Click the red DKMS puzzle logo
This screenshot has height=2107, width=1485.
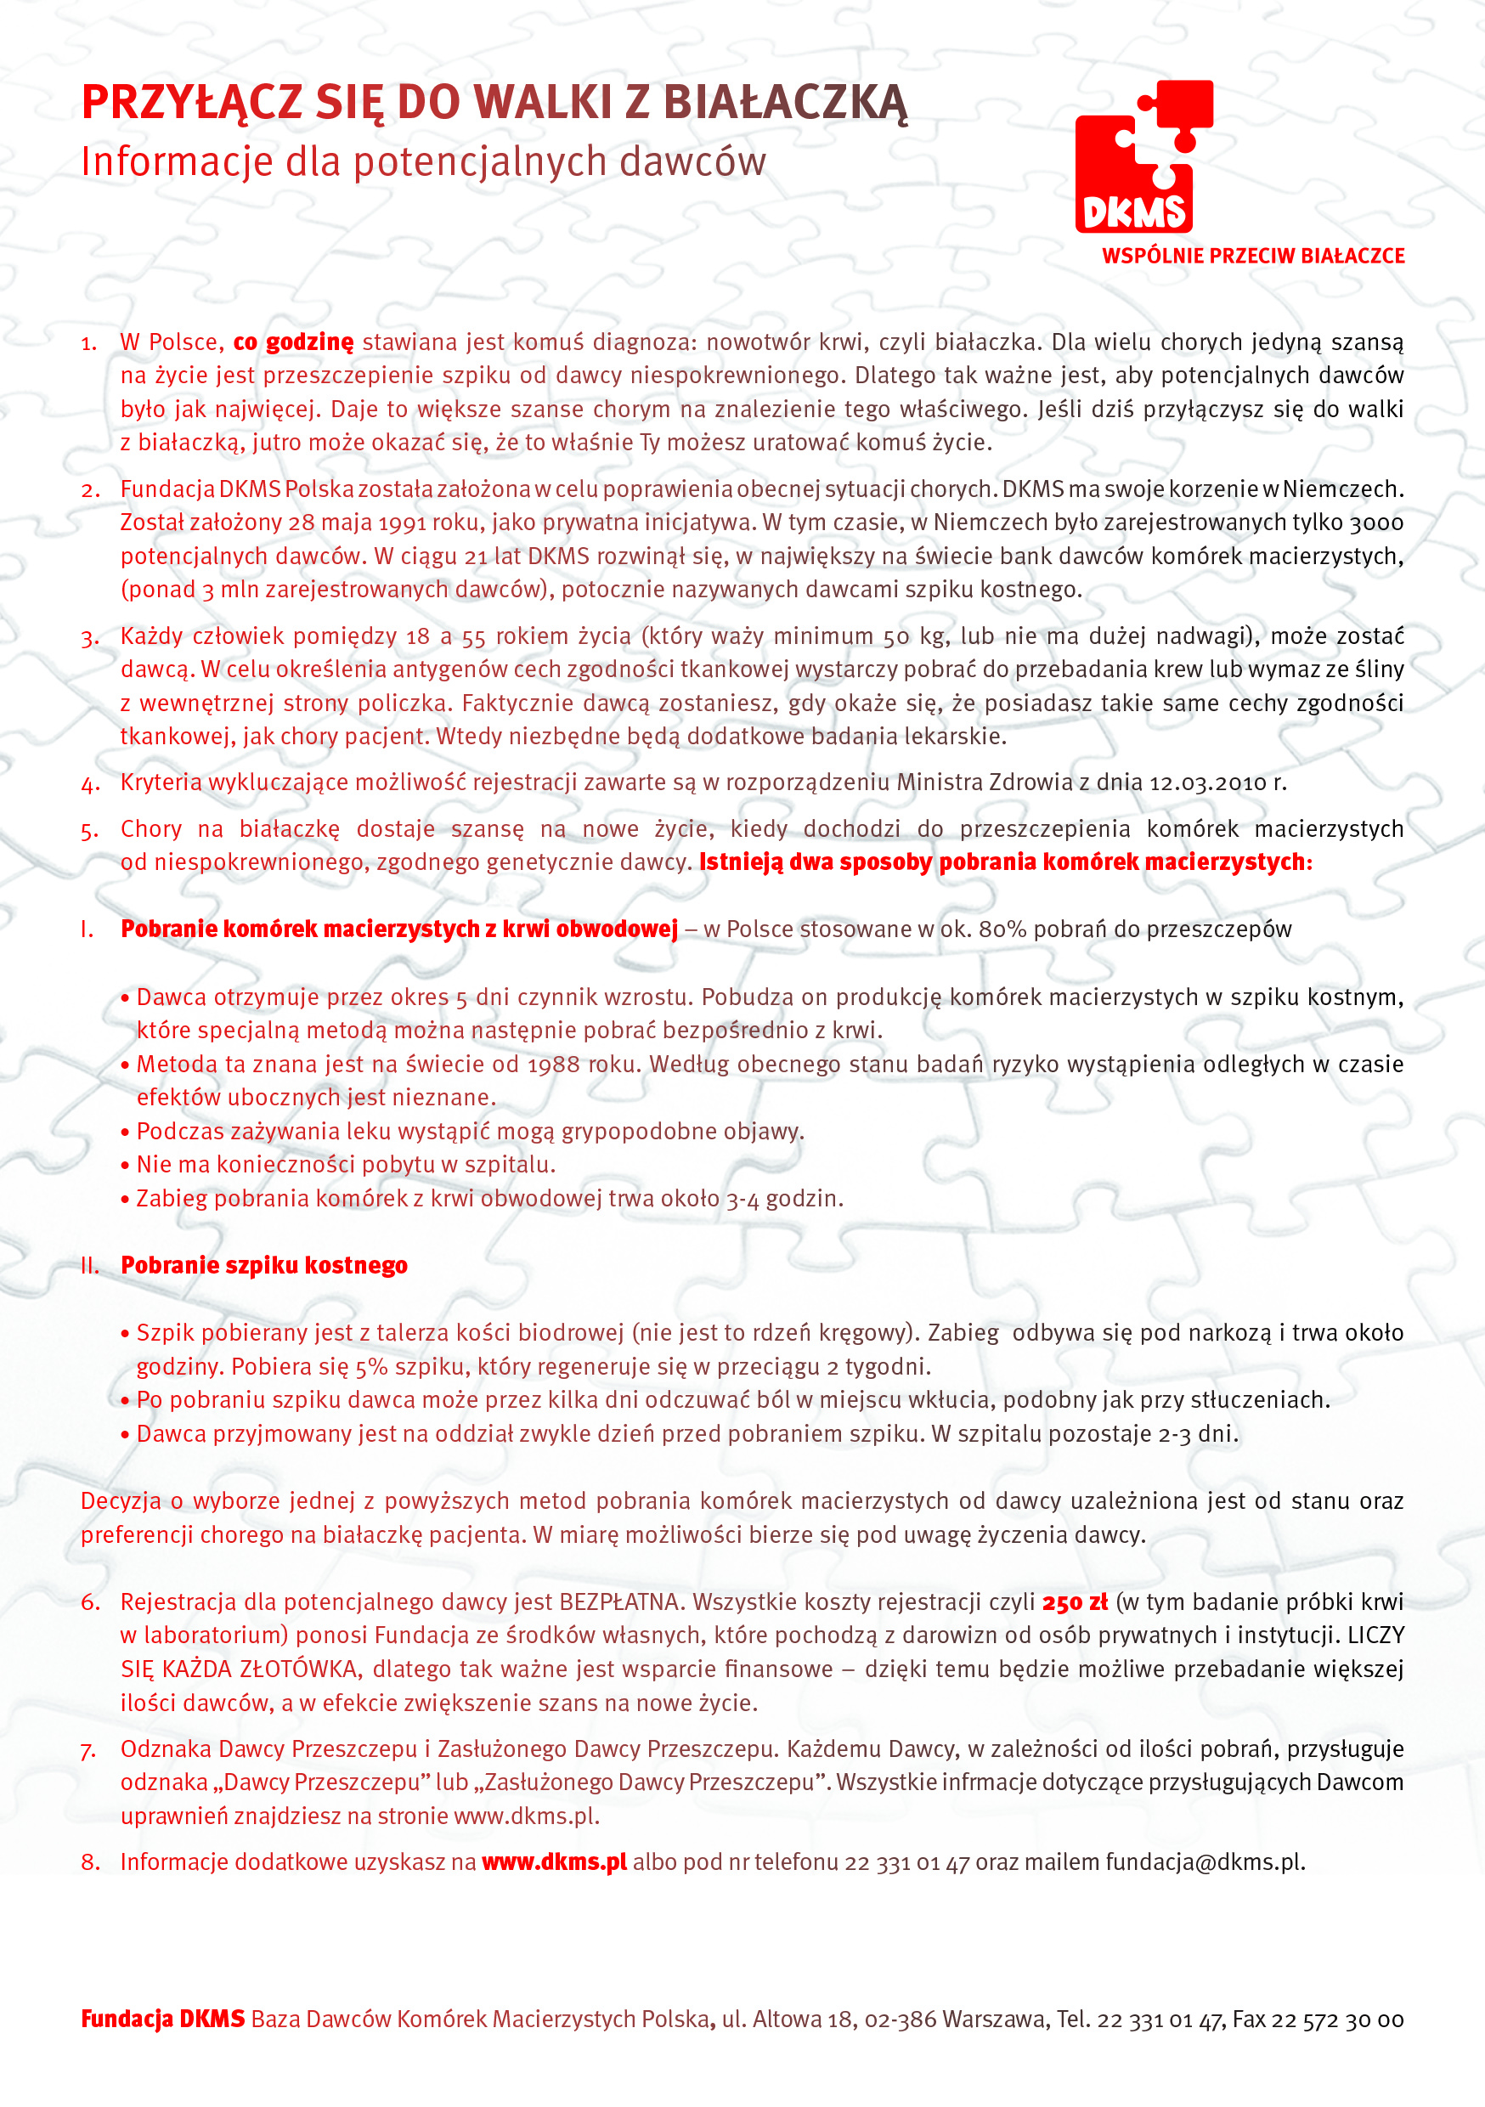(1143, 156)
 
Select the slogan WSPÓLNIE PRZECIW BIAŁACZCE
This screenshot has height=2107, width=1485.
(1253, 256)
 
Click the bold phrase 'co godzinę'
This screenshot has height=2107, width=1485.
(293, 342)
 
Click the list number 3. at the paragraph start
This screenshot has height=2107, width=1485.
(89, 638)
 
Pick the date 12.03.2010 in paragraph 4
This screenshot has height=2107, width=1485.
(1208, 782)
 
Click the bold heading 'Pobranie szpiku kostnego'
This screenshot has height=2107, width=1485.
(264, 1266)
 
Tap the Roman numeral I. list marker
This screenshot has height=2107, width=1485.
(88, 929)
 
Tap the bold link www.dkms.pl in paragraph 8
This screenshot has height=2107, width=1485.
(555, 1862)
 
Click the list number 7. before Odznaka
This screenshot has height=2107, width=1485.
(89, 1751)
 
